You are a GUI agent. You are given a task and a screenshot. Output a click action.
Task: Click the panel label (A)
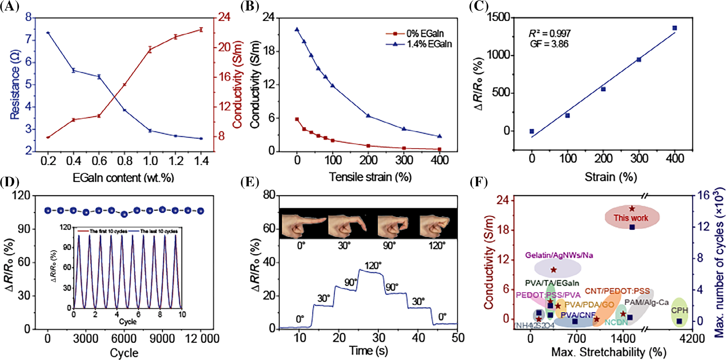(x=9, y=7)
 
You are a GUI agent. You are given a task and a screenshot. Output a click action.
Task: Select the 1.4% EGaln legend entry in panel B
(x=429, y=44)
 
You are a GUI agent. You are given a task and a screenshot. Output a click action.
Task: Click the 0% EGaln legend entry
(x=425, y=34)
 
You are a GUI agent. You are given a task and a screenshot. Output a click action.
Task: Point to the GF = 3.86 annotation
(x=549, y=44)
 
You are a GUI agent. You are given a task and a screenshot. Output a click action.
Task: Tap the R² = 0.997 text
(x=550, y=34)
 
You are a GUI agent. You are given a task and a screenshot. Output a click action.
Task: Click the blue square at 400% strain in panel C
(x=675, y=28)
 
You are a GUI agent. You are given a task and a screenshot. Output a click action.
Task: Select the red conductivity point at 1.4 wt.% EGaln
(x=201, y=30)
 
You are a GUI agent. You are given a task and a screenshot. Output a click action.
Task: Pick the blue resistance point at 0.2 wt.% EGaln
(x=48, y=33)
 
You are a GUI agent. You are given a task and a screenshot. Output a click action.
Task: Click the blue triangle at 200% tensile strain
(x=368, y=116)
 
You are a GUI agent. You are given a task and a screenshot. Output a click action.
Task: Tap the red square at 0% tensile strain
(x=297, y=119)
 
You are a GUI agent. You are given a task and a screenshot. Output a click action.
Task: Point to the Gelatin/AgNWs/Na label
(x=559, y=255)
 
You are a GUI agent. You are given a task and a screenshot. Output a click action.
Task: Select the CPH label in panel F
(x=679, y=310)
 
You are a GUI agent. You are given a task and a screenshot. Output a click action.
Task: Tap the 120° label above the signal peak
(x=373, y=266)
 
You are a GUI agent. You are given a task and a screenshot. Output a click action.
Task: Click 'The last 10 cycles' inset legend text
(x=159, y=231)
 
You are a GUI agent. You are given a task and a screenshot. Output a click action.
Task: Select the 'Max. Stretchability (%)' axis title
(x=609, y=352)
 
